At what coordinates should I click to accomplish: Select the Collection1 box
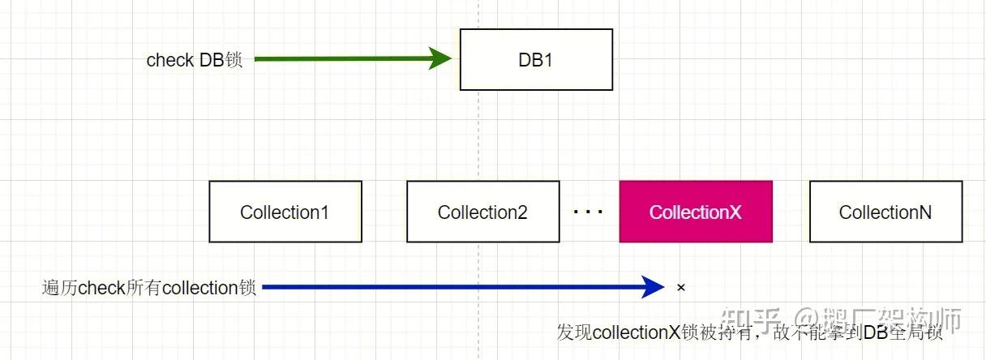click(x=285, y=212)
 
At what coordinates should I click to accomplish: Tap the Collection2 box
click(x=482, y=212)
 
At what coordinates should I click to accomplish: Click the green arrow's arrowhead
click(x=440, y=59)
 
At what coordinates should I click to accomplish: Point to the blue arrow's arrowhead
click(x=654, y=286)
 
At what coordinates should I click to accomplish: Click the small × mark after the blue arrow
click(x=681, y=287)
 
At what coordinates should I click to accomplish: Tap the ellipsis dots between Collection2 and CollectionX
click(x=589, y=212)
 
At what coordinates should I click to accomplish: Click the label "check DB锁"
click(x=194, y=60)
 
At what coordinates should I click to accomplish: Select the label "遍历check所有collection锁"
click(x=149, y=288)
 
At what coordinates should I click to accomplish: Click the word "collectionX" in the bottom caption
click(x=635, y=333)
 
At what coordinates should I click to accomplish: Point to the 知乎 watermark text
click(x=751, y=319)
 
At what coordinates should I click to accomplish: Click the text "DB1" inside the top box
click(x=536, y=60)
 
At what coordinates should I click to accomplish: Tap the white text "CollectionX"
click(x=696, y=212)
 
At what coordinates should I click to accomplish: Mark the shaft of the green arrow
click(x=341, y=59)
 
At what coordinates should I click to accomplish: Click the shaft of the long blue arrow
click(x=454, y=286)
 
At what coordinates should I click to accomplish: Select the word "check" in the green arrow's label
click(x=169, y=60)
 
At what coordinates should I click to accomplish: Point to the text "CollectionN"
click(x=885, y=212)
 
